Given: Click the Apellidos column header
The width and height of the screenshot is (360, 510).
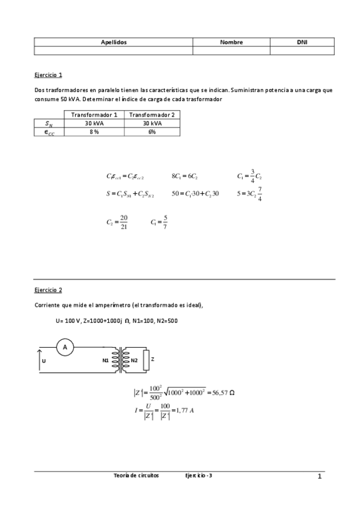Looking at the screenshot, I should [x=113, y=43].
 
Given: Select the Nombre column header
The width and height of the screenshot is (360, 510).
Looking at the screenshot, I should [x=231, y=43].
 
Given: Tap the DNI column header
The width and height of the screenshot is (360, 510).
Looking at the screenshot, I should [x=302, y=43].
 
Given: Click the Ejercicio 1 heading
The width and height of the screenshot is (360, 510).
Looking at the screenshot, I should [x=48, y=75].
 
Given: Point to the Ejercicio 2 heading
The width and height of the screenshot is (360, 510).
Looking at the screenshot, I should [x=48, y=289].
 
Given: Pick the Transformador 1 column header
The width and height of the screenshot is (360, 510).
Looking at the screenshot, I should [x=94, y=114].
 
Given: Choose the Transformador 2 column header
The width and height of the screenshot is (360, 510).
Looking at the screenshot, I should [x=152, y=114].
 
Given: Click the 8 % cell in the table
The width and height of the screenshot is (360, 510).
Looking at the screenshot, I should [x=94, y=132].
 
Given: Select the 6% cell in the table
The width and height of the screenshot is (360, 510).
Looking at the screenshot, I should [x=152, y=132].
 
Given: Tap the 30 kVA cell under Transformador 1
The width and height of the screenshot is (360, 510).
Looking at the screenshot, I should [x=94, y=123].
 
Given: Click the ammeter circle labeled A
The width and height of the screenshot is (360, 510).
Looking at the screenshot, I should [x=65, y=347].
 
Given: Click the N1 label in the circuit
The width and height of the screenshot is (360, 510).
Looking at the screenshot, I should [x=106, y=360].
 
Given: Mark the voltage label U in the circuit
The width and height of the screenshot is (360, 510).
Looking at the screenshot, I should [x=44, y=361].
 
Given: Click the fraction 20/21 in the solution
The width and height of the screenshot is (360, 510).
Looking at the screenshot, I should [x=123, y=223].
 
